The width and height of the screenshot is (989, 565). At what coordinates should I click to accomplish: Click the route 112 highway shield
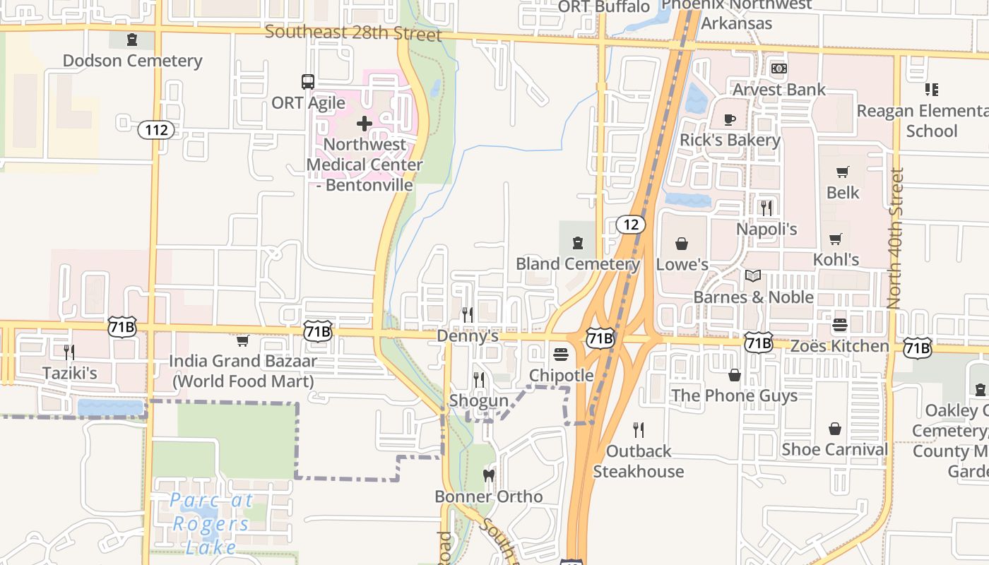point(155,129)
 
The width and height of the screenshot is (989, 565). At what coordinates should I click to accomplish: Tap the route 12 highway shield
point(630,225)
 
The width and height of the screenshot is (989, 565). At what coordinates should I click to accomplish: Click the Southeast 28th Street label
point(353,33)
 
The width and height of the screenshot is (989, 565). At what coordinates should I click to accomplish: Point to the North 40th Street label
point(895,239)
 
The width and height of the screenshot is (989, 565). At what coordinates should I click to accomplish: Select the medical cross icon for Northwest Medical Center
point(365,124)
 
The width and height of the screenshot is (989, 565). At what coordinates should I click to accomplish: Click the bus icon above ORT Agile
point(308,81)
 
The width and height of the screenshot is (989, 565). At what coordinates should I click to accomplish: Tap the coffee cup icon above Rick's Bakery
point(730,119)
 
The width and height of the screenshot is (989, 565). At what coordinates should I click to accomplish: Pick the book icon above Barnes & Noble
point(753,275)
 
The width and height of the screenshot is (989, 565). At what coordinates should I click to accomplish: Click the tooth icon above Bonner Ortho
point(488,475)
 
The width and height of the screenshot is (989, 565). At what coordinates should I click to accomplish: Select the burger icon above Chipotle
point(561,354)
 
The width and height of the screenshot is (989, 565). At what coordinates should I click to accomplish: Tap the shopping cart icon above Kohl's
point(836,239)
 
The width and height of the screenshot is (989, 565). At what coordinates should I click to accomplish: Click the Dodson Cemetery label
point(133,61)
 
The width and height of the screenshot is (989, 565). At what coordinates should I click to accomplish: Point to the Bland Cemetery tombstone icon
point(578,243)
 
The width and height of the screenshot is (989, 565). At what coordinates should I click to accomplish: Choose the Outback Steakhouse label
point(639,460)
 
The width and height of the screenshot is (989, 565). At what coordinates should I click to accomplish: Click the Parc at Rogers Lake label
point(211,523)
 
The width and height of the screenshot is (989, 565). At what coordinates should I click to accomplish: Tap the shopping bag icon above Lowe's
point(682,244)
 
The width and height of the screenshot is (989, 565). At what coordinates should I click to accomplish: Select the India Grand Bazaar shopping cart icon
point(243,340)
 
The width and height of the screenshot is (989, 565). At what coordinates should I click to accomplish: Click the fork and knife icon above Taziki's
point(69,352)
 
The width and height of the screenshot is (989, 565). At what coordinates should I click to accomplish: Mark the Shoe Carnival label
point(834,449)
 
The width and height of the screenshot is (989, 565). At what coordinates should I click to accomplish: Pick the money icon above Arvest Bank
point(778,69)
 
